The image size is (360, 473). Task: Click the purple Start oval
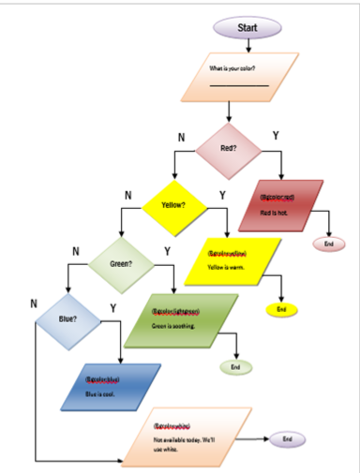pos(247,27)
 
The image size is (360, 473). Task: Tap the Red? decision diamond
pos(228,148)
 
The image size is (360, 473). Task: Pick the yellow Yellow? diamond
pos(174,204)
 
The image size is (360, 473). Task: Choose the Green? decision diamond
pos(120,263)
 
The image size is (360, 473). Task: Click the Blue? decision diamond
pos(67,319)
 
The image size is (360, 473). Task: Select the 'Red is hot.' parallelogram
pos(280,205)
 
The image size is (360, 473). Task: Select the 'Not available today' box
pos(188,437)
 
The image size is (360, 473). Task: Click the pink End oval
pos(328,244)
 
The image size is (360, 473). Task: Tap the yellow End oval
pos(280,308)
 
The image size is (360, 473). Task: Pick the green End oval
pos(235,367)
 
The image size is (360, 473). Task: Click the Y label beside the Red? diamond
pos(276,137)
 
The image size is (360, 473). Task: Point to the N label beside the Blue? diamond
pos(33,303)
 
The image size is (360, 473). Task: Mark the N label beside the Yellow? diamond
pos(127,195)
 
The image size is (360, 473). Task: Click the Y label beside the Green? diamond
pos(167,251)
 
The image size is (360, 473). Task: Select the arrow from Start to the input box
pos(247,46)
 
